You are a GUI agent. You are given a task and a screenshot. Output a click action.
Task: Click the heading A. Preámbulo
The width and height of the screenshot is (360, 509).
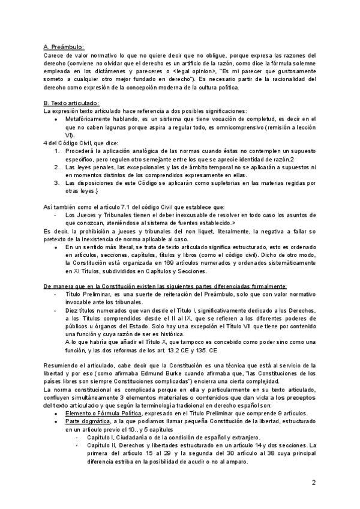(64, 47)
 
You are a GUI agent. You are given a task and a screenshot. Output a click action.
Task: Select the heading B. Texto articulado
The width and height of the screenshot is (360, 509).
(72, 103)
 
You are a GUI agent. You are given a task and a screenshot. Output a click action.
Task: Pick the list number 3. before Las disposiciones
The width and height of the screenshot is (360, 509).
(58, 182)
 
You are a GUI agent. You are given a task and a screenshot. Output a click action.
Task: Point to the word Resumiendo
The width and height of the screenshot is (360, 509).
(63, 365)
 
